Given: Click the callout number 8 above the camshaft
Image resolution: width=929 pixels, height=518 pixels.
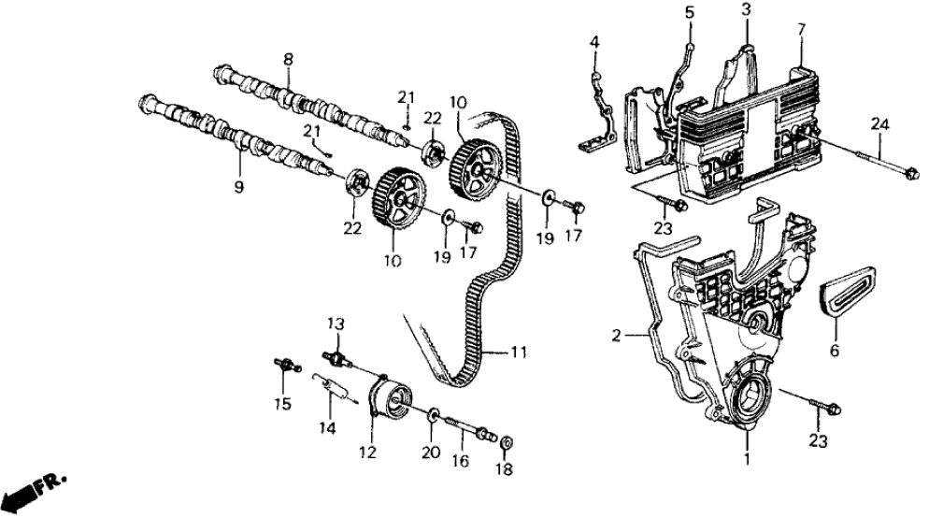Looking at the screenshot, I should (288, 59).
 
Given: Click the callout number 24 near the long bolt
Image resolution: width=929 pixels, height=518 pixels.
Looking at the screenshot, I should (880, 124).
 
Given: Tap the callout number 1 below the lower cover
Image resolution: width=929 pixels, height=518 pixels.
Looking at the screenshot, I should (745, 459).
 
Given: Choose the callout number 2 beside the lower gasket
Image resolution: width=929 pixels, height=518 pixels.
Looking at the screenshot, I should (617, 333).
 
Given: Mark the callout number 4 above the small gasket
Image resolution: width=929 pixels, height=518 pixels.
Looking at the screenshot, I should (595, 42).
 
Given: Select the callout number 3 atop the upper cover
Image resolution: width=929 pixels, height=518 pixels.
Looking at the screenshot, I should (746, 9).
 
